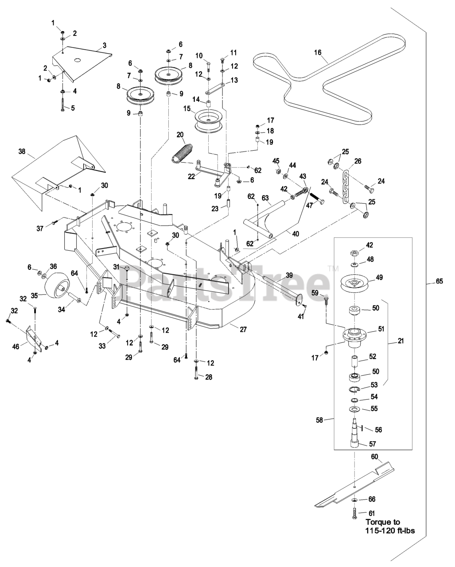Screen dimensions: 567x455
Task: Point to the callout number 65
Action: click(439, 281)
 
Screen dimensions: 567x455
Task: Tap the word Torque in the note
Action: click(377, 522)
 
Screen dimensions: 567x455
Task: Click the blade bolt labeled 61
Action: click(354, 514)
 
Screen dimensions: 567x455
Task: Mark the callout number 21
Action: click(401, 341)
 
